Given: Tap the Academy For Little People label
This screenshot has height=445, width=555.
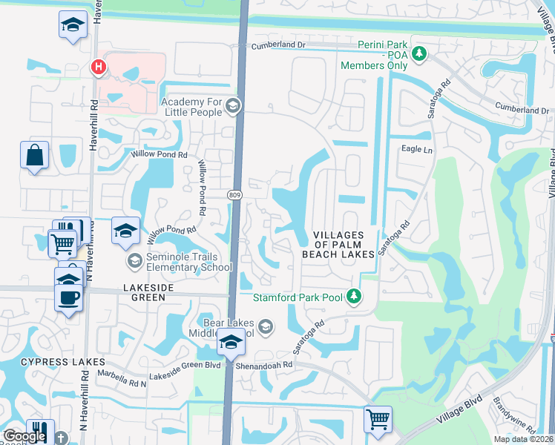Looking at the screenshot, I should (191, 107).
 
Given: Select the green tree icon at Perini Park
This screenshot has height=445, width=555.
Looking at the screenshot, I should (419, 53).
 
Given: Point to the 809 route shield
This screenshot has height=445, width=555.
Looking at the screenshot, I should (234, 195).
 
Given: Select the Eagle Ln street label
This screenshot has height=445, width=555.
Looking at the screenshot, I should (416, 149).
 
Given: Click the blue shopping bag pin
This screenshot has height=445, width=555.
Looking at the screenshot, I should (34, 156).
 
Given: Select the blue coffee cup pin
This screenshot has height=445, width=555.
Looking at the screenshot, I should (69, 297).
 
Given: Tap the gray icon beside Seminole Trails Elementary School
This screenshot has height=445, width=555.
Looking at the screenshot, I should (134, 260).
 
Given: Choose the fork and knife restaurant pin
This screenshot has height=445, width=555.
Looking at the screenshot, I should (39, 431).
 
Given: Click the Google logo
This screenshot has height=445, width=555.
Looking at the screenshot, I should (25, 437).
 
